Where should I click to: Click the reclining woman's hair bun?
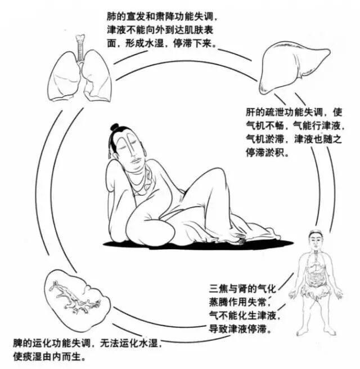click(115, 128)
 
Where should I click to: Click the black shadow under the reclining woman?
click(197, 244)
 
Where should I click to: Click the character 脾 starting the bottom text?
click(17, 343)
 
